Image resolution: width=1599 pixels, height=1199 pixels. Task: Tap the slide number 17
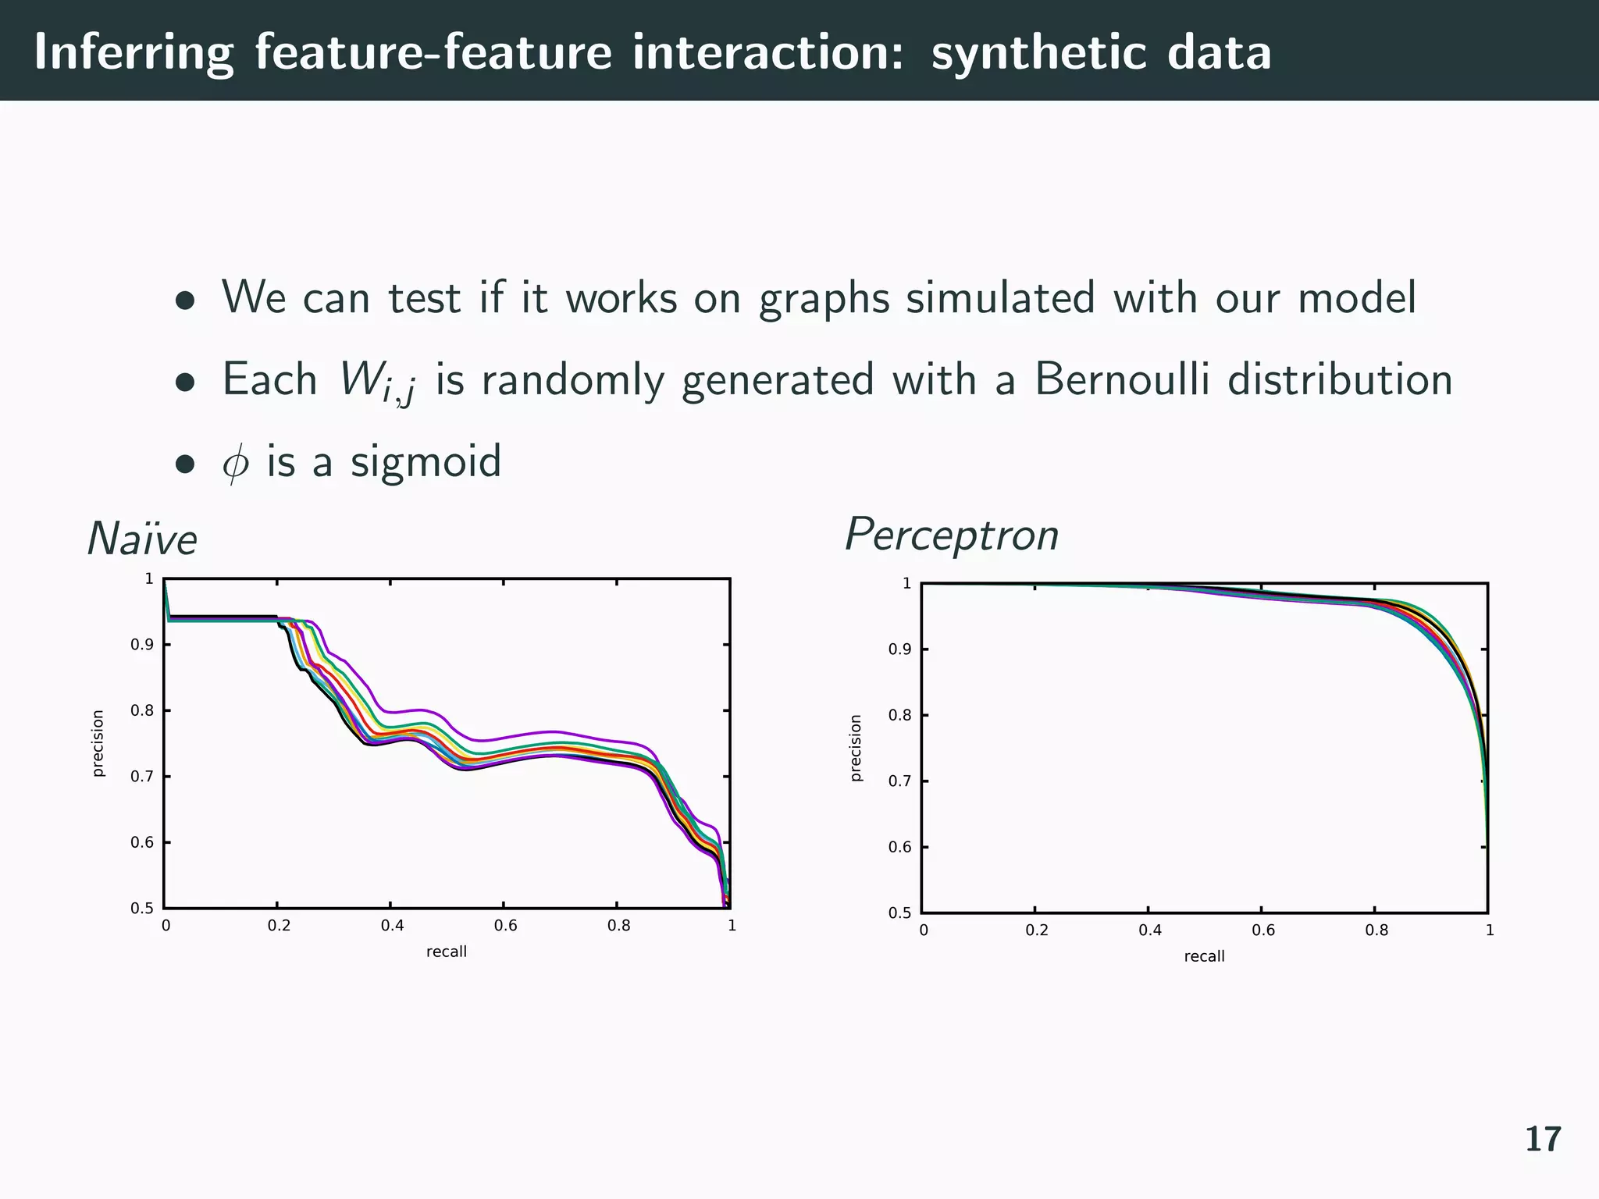[1543, 1140]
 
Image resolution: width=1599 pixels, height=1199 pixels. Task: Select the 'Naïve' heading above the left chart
[142, 539]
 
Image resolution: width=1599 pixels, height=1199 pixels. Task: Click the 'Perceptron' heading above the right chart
[951, 535]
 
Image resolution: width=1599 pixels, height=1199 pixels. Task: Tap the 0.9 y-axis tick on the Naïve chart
[141, 645]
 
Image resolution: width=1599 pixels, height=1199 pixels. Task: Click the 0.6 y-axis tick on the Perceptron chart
[899, 848]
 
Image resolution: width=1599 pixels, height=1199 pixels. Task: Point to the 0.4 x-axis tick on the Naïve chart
[392, 926]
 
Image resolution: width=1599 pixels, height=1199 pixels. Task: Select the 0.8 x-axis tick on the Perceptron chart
[1376, 930]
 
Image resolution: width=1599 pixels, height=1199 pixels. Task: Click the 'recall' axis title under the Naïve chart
[446, 952]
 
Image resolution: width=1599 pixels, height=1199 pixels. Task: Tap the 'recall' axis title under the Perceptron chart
[1204, 956]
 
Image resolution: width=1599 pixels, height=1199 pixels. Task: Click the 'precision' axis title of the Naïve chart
[98, 743]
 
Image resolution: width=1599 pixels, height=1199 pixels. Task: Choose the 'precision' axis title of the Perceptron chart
[856, 748]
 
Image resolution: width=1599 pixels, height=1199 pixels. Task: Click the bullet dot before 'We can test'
[184, 301]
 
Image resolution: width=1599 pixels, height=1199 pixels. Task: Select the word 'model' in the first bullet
[1356, 298]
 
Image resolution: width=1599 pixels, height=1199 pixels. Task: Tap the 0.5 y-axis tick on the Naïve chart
[141, 909]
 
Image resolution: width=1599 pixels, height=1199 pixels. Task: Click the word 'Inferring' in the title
[134, 53]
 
